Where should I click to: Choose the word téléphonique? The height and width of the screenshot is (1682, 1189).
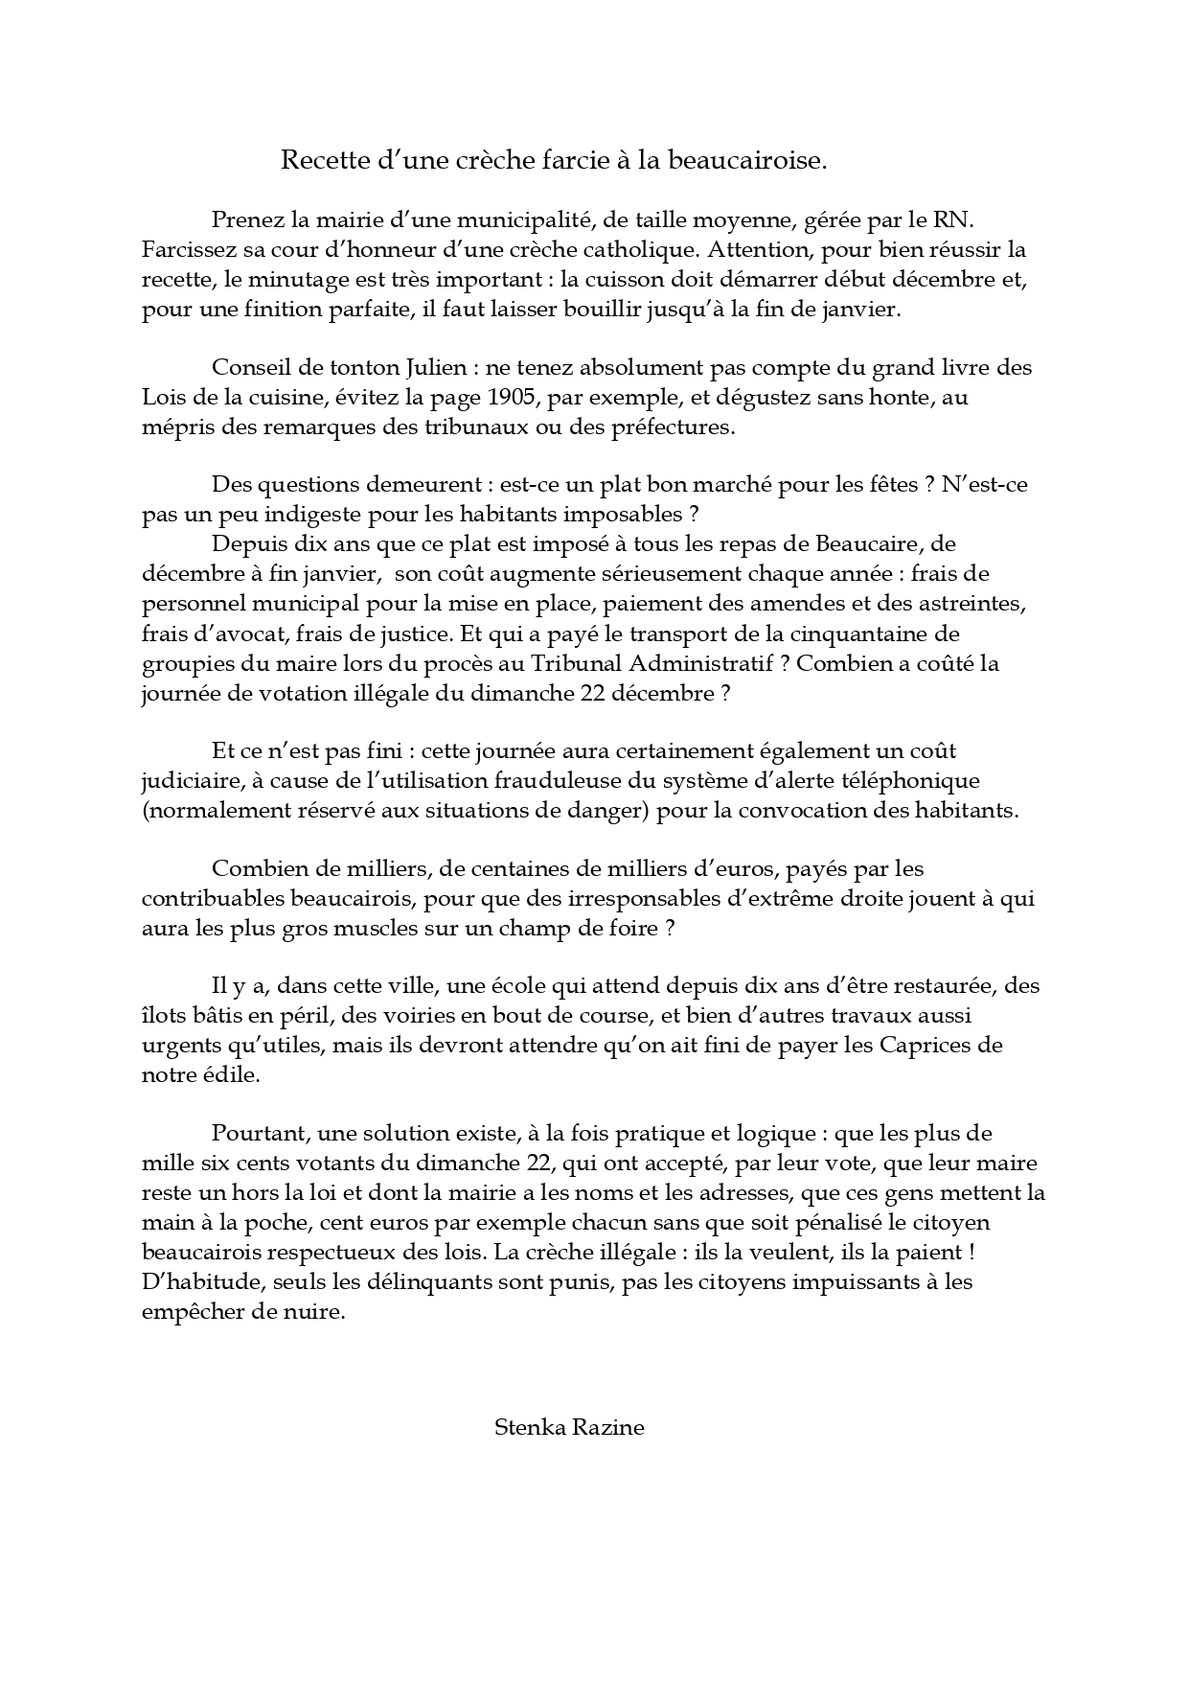point(910,780)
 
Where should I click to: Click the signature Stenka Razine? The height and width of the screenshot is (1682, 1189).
point(569,1427)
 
